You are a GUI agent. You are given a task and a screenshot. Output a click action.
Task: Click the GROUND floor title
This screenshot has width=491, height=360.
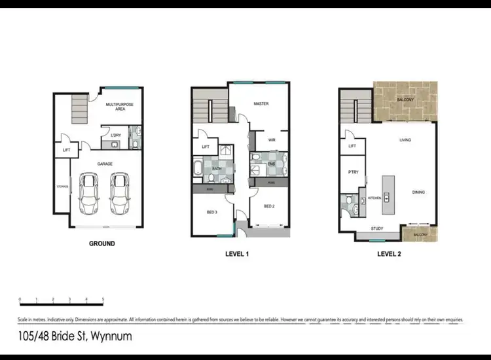point(101,243)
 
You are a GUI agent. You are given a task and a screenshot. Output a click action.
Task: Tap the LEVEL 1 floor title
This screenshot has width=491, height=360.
point(237,253)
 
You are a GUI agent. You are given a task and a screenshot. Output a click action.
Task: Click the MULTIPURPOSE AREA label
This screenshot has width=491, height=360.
point(120,107)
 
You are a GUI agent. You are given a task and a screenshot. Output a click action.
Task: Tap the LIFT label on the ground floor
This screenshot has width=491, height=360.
point(66,150)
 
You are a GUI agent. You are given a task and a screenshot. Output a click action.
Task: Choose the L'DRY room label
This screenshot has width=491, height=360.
point(116,135)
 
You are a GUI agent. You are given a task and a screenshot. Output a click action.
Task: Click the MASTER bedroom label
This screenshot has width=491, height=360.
point(261,104)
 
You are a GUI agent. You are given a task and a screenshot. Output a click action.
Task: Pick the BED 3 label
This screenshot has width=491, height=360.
point(211,211)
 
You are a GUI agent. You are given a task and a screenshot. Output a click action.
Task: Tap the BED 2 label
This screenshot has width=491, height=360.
point(270,206)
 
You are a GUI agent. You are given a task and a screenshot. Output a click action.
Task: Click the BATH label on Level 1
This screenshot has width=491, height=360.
point(217,170)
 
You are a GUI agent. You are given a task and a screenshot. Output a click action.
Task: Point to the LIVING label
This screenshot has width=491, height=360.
point(405,140)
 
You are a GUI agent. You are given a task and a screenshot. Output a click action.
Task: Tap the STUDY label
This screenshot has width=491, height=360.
point(377,228)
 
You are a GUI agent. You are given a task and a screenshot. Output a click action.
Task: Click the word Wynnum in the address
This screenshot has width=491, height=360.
point(111,337)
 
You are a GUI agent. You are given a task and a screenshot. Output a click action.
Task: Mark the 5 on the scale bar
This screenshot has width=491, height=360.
point(103,299)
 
